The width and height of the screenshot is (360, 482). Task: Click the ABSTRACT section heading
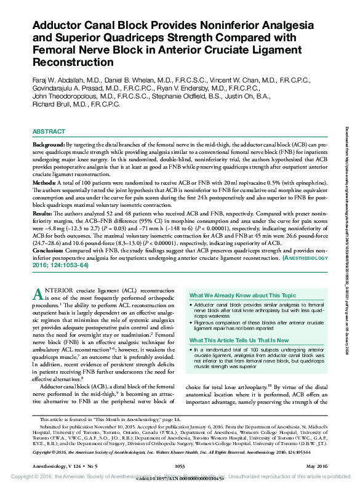[x=49, y=132]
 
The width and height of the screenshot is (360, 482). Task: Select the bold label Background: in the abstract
[x=49, y=143]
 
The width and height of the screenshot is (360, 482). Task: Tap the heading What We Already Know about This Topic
[x=242, y=295]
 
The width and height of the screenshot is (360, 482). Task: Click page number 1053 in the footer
[x=180, y=465]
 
